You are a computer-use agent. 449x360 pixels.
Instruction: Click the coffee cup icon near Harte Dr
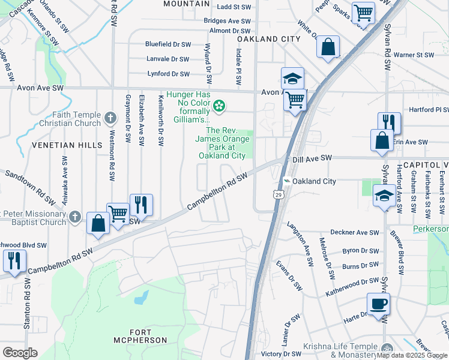[378, 304]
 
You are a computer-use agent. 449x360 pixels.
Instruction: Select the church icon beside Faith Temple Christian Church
[109, 118]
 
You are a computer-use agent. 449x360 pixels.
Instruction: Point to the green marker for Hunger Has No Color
[220, 107]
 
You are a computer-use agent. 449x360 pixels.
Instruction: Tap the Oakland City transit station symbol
[287, 181]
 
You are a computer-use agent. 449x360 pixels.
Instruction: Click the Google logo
[20, 353]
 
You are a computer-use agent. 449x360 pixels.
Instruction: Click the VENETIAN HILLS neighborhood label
[59, 145]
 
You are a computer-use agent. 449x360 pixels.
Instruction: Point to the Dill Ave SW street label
[312, 158]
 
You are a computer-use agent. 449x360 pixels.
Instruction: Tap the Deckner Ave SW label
[355, 232]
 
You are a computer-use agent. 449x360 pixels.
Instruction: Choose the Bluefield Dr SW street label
[167, 44]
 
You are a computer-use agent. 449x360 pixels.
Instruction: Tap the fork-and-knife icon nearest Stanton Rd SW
[13, 260]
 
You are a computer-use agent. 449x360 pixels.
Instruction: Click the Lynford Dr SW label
[169, 74]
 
